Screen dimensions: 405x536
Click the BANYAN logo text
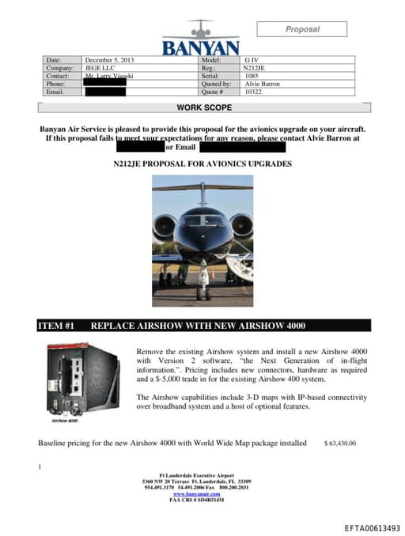[200, 47]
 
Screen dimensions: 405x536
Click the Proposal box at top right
[301, 29]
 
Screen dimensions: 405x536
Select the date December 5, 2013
[110, 60]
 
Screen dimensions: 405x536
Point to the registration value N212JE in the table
[255, 68]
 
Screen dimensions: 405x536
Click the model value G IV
[251, 60]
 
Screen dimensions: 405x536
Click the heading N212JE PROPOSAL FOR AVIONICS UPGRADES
[202, 164]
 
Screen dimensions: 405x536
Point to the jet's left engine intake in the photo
[166, 226]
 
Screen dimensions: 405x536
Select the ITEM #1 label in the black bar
[56, 326]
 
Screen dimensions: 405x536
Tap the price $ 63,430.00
[340, 444]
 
